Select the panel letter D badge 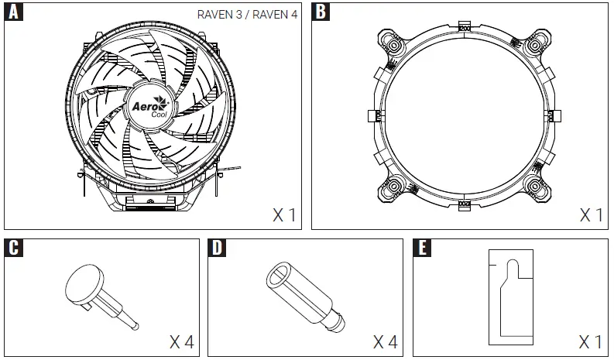pos(218,249)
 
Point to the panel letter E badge pos(424,249)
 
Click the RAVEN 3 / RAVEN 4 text pos(256,13)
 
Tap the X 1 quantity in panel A pos(283,214)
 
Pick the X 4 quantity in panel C pos(183,341)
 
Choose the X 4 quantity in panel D pos(386,341)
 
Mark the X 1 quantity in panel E pos(592,341)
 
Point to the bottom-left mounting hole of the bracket pos(394,185)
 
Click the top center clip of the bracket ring pos(465,28)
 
